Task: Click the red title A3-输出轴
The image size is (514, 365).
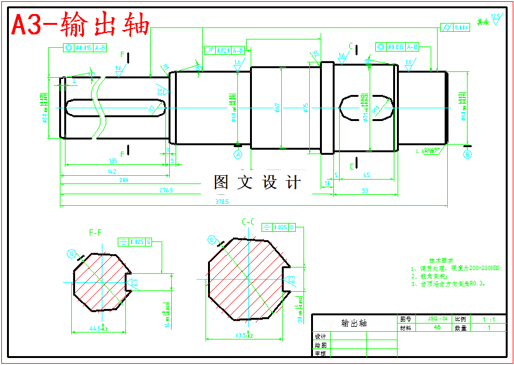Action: [81, 25]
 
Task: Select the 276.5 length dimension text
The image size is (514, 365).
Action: [166, 190]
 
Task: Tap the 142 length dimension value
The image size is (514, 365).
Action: [112, 172]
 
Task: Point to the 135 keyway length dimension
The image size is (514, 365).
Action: [113, 161]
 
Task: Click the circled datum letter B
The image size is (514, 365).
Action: [468, 154]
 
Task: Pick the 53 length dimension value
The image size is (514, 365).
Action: [365, 190]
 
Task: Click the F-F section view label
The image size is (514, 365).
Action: [95, 233]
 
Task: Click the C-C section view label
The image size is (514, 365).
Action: [249, 221]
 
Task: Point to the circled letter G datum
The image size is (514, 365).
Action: [71, 254]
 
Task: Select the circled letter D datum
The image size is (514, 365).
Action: [211, 240]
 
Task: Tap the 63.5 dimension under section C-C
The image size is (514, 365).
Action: [244, 335]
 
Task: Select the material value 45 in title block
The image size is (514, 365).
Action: [438, 327]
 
